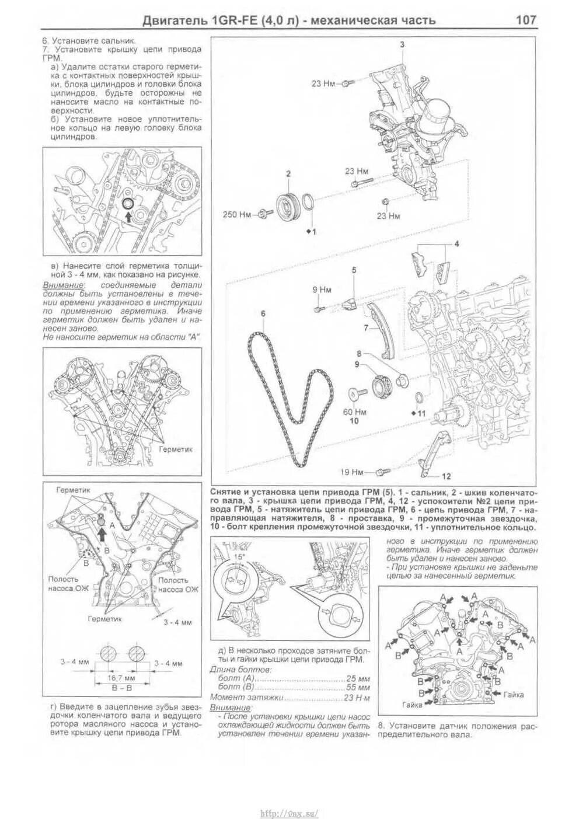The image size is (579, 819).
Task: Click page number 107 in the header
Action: pyautogui.click(x=525, y=20)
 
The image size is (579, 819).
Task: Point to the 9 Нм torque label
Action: pyautogui.click(x=322, y=290)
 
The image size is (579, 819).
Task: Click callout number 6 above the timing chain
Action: pyautogui.click(x=263, y=313)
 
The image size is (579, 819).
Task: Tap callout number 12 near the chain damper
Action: pyautogui.click(x=447, y=476)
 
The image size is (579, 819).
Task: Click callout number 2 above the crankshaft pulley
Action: pyautogui.click(x=288, y=173)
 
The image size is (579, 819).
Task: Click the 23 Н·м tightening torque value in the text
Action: pyautogui.click(x=357, y=698)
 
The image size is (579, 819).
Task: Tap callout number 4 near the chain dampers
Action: pyautogui.click(x=457, y=243)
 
